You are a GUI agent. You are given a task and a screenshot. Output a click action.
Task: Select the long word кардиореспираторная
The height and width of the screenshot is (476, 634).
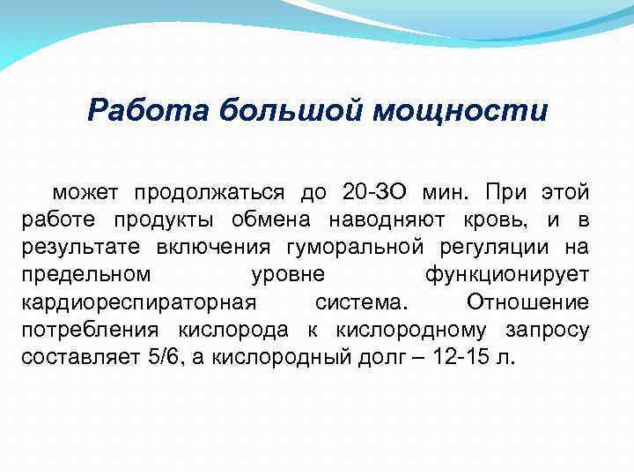point(138,302)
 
